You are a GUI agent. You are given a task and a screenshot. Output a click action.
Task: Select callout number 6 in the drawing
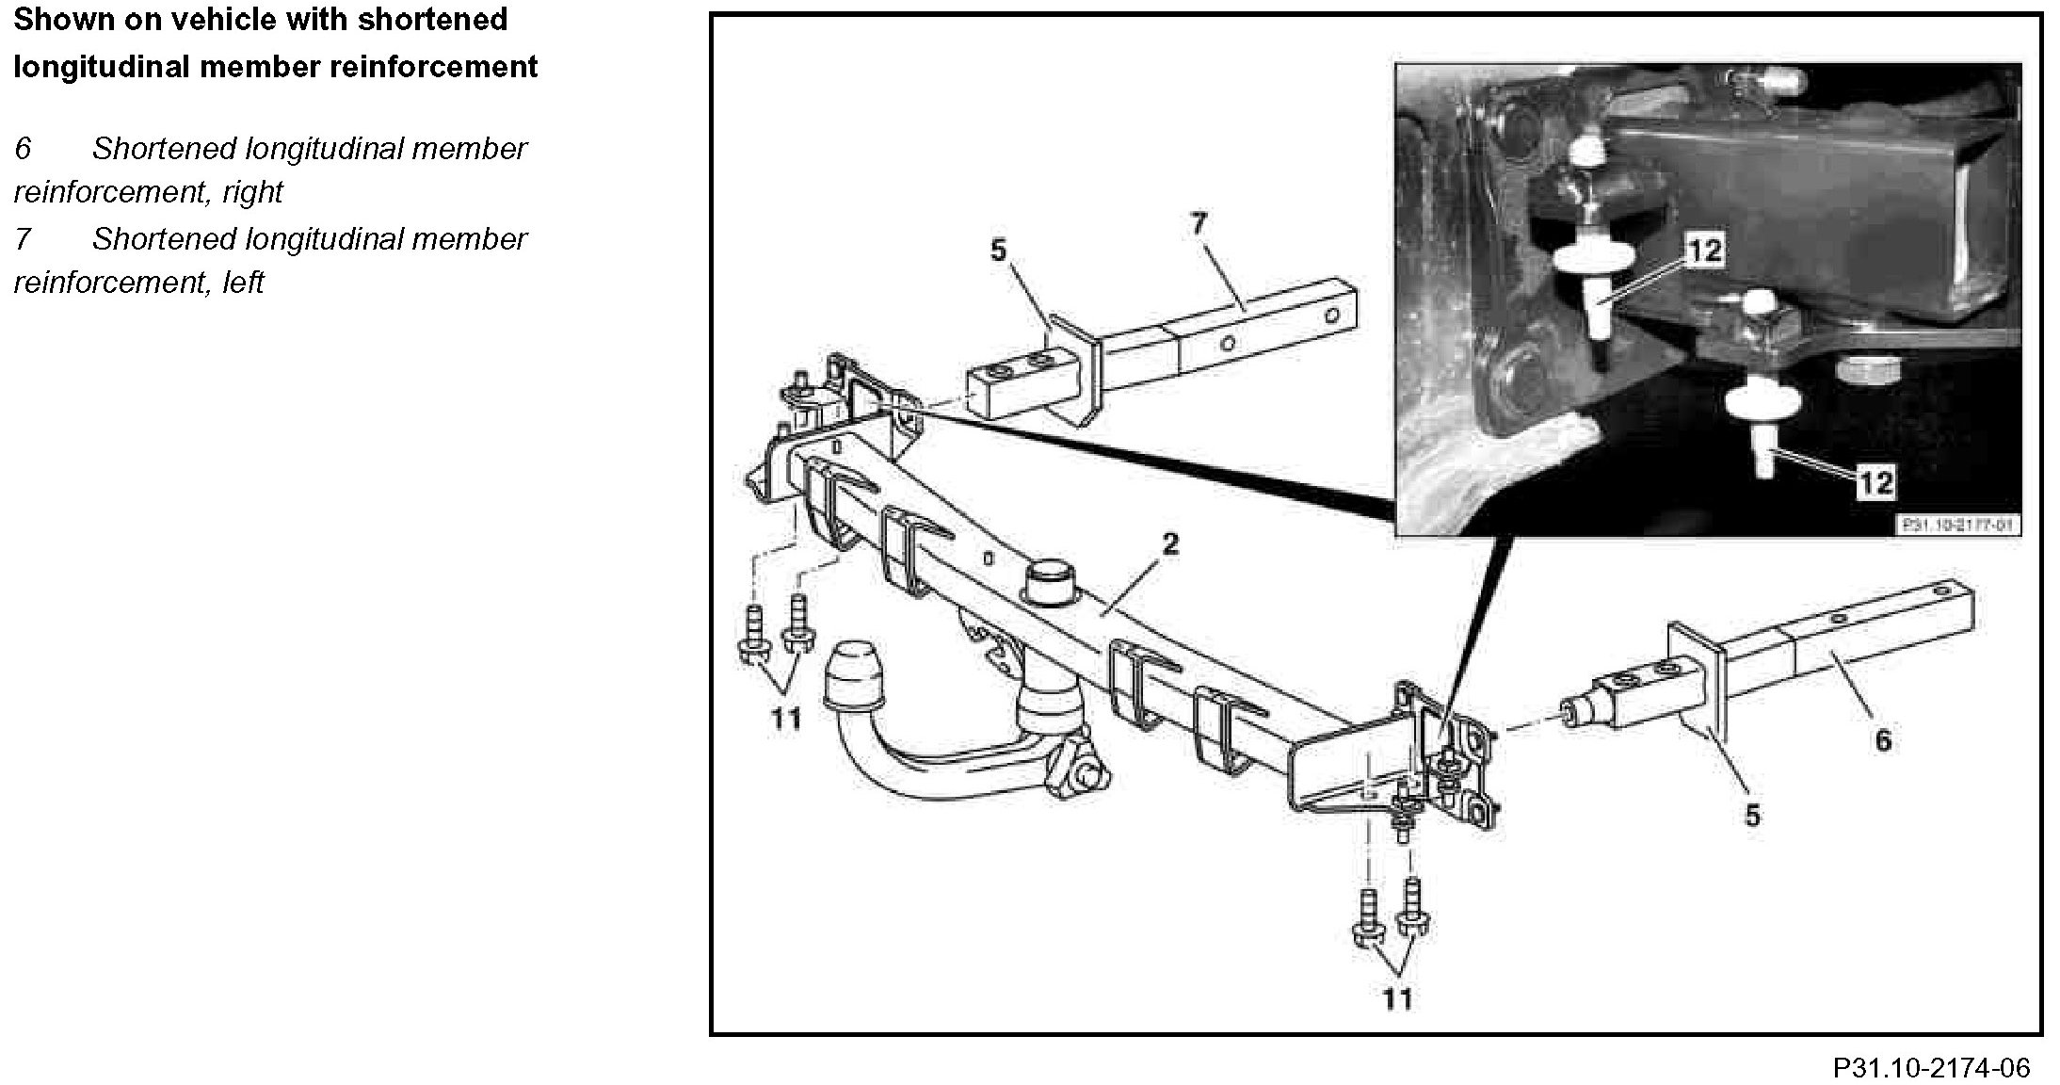coord(1882,740)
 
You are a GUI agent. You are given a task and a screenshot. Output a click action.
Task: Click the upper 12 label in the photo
coord(1704,251)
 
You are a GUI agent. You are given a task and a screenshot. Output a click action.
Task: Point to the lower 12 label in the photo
coord(1875,482)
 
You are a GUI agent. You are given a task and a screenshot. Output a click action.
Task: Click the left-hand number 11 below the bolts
coord(785,720)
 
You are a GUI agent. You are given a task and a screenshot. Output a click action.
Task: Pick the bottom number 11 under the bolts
coord(1397,998)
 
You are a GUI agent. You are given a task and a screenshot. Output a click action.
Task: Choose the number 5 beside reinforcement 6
coord(1751,815)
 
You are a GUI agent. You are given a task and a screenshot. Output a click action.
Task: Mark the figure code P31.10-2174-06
coord(1930,1068)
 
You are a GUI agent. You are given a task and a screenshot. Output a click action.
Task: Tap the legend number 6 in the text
coord(23,149)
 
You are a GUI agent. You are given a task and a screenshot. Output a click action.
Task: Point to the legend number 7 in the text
coord(23,239)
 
